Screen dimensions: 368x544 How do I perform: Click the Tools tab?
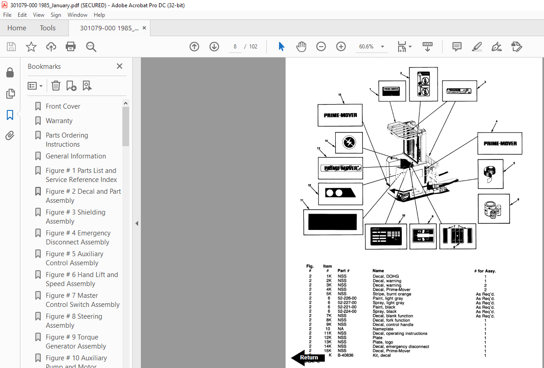[x=48, y=28]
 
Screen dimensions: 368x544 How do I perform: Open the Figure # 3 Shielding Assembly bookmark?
[x=75, y=217]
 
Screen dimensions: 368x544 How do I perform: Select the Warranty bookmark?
[x=59, y=121]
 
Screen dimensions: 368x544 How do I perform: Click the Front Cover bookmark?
[x=63, y=106]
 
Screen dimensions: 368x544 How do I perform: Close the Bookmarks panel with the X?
[x=120, y=66]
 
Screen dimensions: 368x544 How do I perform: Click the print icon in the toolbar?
[x=71, y=47]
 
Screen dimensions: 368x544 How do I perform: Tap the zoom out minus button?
[x=321, y=47]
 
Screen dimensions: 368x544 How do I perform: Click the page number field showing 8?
[x=235, y=47]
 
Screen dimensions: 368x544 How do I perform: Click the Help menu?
[x=99, y=15]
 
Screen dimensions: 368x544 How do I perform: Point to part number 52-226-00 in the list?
[x=347, y=298]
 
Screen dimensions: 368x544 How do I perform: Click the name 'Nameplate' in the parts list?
[x=383, y=329]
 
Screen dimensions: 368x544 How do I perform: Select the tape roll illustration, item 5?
[x=490, y=174]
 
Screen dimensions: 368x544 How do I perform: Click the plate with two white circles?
[x=340, y=193]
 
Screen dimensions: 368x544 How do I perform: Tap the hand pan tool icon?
[x=301, y=47]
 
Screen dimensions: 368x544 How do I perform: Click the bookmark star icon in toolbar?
[x=31, y=47]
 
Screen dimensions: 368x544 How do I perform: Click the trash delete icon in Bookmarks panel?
[x=56, y=86]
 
